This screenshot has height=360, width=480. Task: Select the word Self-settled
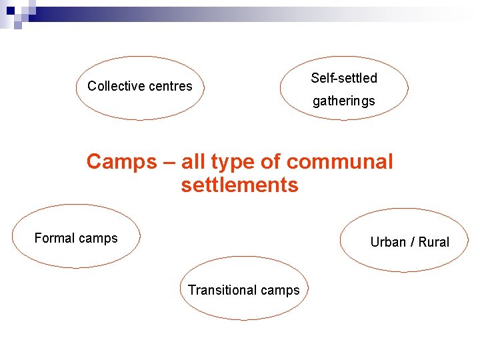(344, 78)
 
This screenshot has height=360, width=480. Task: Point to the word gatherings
(344, 101)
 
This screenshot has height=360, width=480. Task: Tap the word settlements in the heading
(239, 185)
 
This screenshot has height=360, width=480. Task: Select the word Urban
(388, 242)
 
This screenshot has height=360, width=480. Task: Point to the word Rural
(434, 242)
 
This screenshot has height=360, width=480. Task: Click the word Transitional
(221, 290)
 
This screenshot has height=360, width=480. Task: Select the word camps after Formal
(99, 239)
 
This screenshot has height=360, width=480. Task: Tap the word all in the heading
(193, 161)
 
